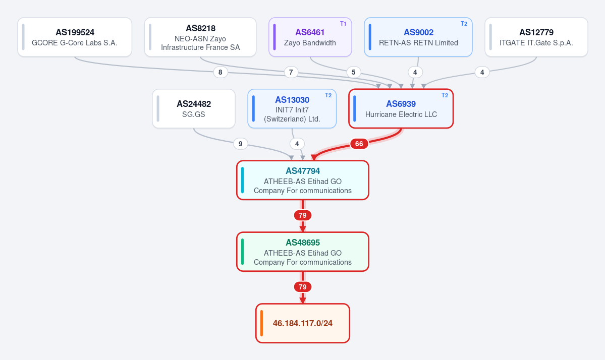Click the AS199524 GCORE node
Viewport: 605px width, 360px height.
tap(75, 37)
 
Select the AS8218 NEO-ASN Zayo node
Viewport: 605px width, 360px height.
tap(200, 37)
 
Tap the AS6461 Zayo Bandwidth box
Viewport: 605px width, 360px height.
tap(310, 37)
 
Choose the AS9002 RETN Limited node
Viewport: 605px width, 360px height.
tap(418, 37)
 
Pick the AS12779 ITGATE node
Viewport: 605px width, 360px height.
tap(536, 37)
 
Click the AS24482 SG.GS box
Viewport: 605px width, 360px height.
tap(194, 109)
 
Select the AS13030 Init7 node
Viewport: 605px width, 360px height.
tap(292, 109)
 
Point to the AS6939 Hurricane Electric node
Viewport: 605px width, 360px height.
tap(401, 109)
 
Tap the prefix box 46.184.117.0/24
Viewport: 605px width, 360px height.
tap(303, 323)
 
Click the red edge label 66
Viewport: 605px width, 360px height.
tap(359, 144)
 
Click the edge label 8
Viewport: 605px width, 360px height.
tap(221, 72)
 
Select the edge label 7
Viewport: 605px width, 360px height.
tap(291, 72)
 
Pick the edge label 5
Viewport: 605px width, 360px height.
tap(353, 72)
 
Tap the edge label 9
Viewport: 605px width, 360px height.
tap(240, 144)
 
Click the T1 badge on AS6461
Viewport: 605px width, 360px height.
tap(343, 24)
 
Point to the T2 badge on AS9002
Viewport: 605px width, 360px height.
tap(464, 24)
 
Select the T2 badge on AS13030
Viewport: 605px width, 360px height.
tap(328, 96)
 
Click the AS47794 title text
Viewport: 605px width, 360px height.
tap(303, 171)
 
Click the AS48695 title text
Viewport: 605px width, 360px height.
tap(303, 243)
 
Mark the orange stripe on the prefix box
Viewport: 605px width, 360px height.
tap(261, 323)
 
